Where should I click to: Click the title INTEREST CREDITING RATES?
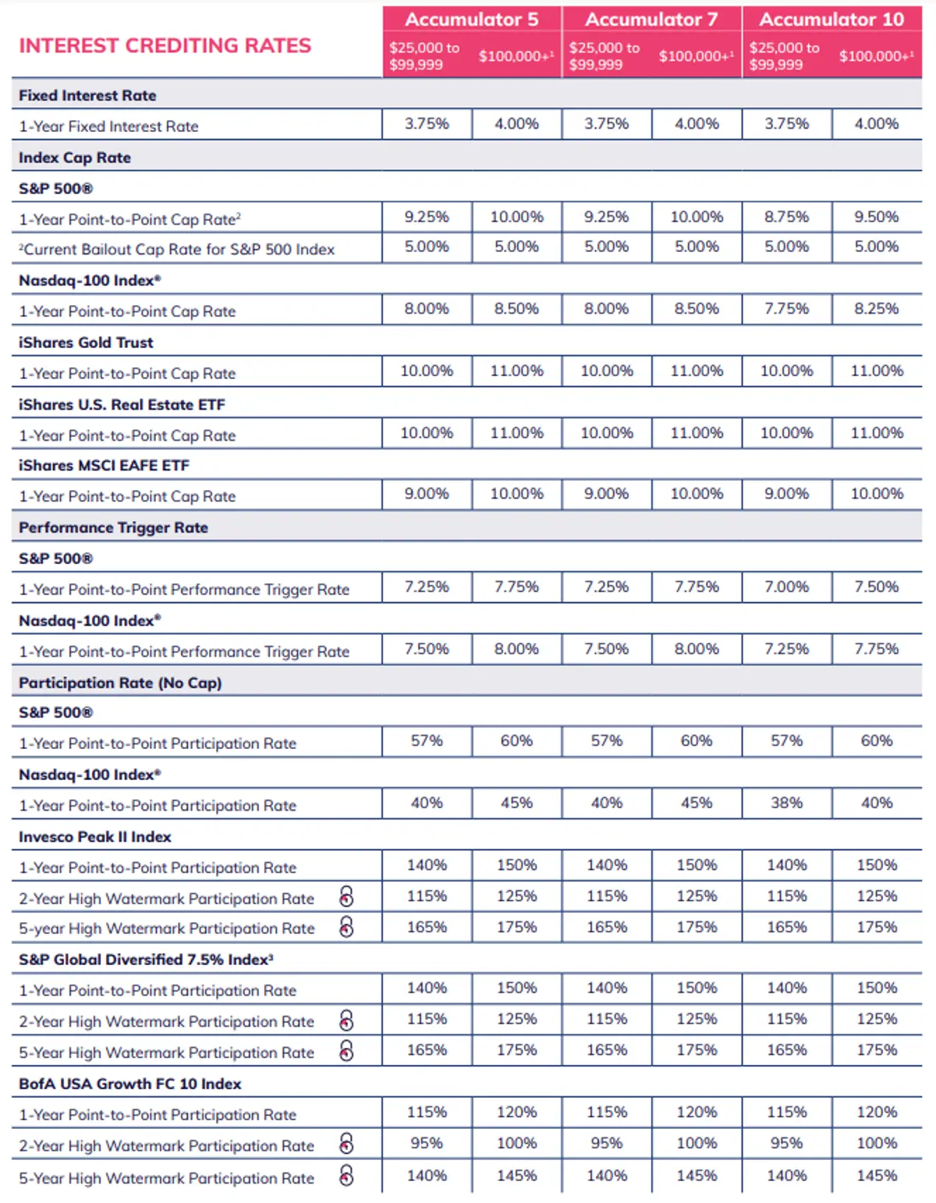(x=165, y=46)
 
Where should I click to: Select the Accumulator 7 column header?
(x=651, y=20)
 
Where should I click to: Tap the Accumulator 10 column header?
(x=831, y=20)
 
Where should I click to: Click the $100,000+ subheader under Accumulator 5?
(x=516, y=56)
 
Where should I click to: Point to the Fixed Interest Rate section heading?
(x=87, y=95)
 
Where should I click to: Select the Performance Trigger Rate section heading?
(x=113, y=527)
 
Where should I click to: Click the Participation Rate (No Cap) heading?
(x=120, y=683)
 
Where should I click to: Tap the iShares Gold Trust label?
(x=86, y=342)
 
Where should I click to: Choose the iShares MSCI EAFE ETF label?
(x=104, y=466)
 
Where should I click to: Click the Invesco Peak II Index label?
(x=94, y=837)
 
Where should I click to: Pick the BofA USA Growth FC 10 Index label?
(x=129, y=1084)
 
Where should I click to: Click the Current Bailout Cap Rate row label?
(x=177, y=250)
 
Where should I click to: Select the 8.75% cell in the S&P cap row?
(x=786, y=217)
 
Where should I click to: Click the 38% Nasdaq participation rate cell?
(x=786, y=803)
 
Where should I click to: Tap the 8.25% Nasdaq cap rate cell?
(x=876, y=309)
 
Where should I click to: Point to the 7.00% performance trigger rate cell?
(x=786, y=587)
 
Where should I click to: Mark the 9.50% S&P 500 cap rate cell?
(x=876, y=217)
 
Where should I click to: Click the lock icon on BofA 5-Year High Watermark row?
(x=347, y=1176)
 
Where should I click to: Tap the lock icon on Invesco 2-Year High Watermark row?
(x=347, y=897)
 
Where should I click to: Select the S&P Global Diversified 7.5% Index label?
(x=146, y=960)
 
